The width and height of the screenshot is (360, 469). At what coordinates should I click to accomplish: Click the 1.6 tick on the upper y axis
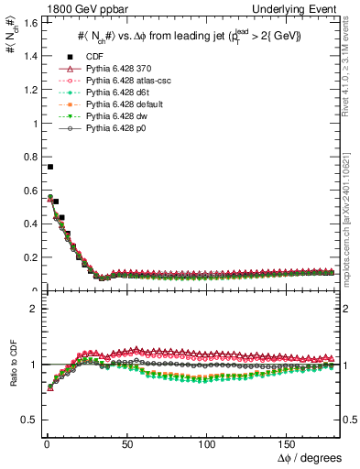(x=27, y=22)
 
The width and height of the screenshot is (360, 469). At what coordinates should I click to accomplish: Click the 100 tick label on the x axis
(x=207, y=444)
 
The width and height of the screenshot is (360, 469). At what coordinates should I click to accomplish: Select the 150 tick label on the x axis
(x=288, y=444)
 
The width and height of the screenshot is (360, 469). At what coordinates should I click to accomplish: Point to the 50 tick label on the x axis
(x=126, y=444)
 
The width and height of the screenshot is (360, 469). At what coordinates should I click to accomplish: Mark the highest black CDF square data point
(x=49, y=167)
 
